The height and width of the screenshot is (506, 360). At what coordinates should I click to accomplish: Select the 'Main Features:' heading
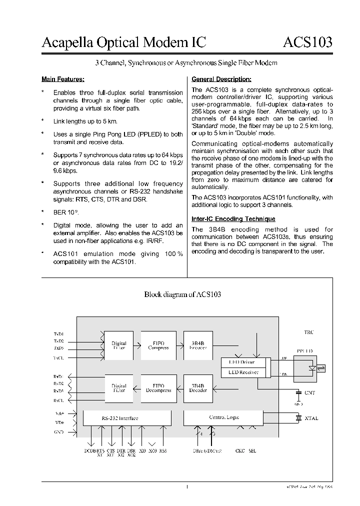point(62,79)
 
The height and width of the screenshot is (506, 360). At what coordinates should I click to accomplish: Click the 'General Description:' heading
point(221,79)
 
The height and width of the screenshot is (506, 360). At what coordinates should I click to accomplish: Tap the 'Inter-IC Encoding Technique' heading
point(233,219)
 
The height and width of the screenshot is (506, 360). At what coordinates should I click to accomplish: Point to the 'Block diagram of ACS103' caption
point(182,294)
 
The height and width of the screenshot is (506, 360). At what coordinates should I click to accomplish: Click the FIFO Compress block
point(158,345)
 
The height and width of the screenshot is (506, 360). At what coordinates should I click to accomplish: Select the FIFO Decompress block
point(158,388)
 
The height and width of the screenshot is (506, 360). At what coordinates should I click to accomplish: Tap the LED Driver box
point(241,362)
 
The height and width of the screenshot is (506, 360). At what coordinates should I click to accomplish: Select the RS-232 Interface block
point(120,418)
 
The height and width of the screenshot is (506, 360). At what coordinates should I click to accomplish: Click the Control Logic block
point(223,417)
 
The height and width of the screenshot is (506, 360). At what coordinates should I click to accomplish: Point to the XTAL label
point(311,418)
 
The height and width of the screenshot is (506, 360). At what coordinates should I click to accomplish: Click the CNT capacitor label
point(310,393)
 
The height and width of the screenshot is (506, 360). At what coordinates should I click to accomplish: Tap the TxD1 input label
point(59,333)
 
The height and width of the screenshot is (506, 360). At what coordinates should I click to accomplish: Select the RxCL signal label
point(59,400)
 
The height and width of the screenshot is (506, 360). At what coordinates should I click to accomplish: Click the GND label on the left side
point(59,431)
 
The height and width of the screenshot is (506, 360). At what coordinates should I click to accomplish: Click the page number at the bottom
point(186,487)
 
